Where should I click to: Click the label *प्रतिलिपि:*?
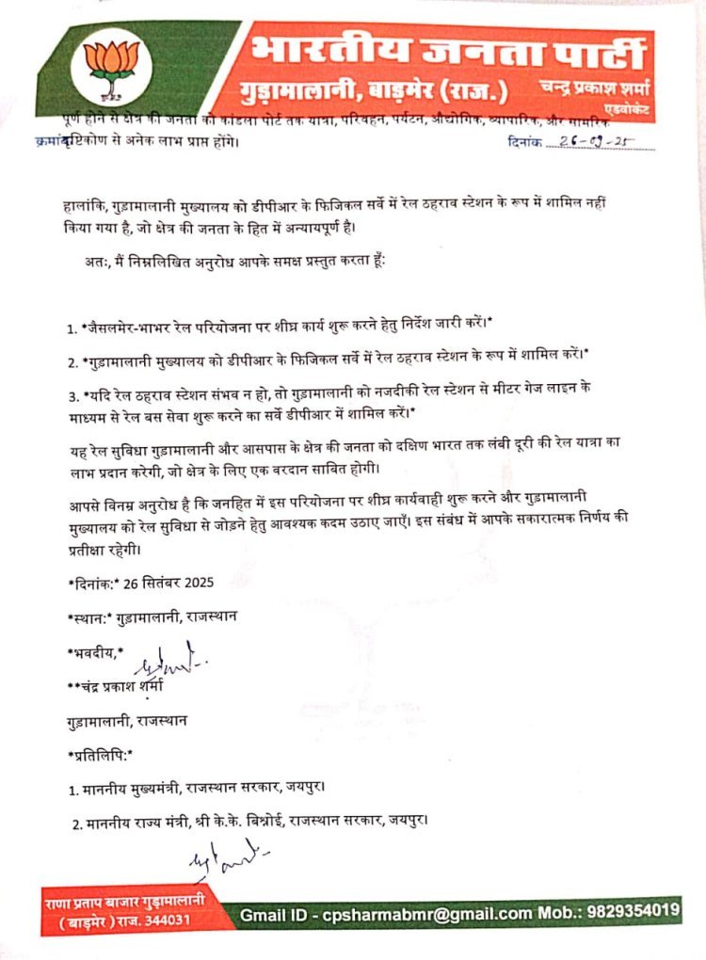click(101, 755)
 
